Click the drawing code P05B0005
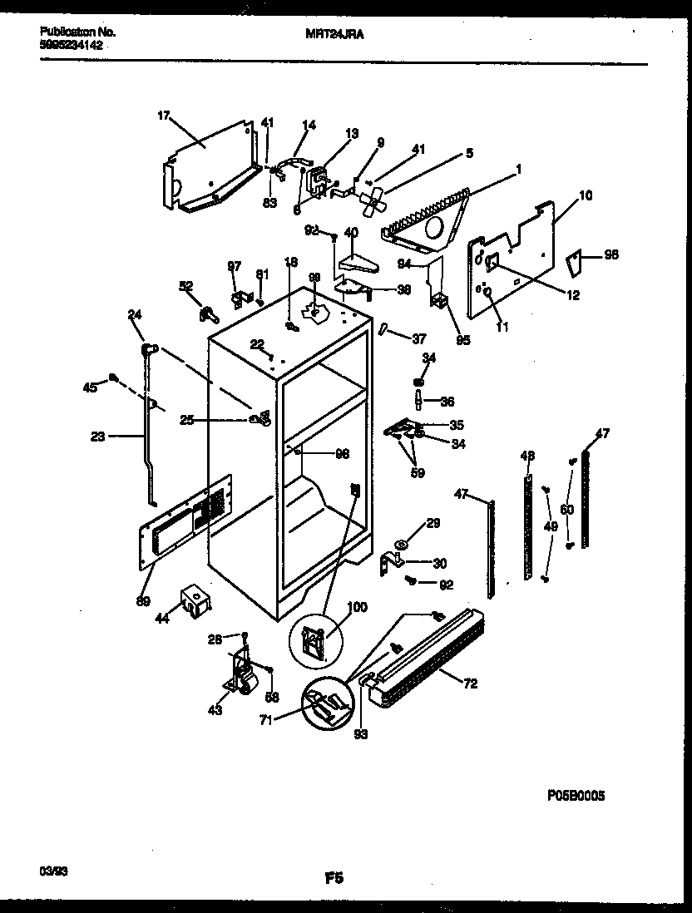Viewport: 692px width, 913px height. [x=576, y=795]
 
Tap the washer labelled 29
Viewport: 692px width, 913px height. [x=403, y=545]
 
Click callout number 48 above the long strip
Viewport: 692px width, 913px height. [x=527, y=455]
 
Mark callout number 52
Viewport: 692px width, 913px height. [x=185, y=286]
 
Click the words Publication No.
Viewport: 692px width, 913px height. [x=77, y=32]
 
